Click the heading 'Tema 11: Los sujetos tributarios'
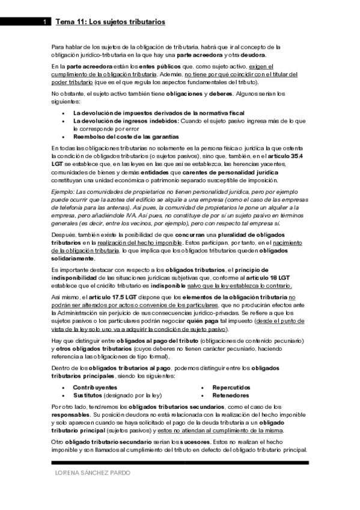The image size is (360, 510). point(110,22)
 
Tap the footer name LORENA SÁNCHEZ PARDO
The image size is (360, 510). point(93,473)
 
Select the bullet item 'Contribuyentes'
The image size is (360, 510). point(95,387)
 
